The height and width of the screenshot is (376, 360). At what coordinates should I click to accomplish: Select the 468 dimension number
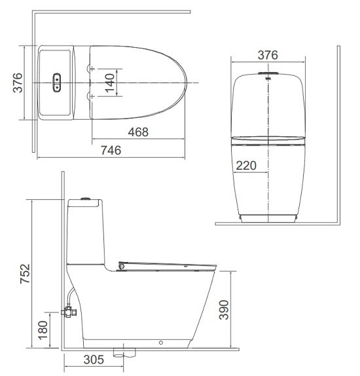tap(137, 132)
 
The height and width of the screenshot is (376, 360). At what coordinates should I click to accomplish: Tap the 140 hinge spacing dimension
tap(109, 81)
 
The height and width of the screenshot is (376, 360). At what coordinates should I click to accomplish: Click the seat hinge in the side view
tap(122, 265)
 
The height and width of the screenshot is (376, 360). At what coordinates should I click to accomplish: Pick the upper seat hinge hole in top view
tap(90, 67)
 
